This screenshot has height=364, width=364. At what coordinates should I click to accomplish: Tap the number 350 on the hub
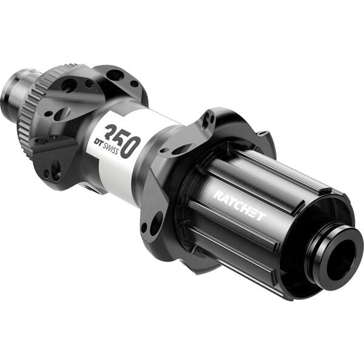click(122, 140)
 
